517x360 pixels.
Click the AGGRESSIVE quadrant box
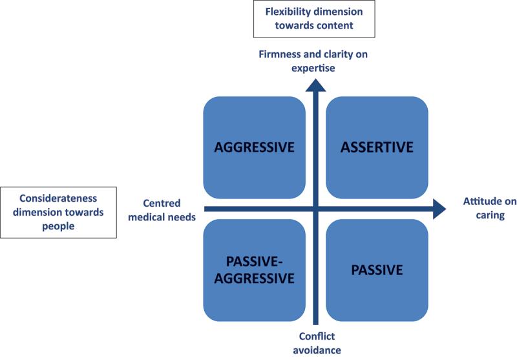(254, 147)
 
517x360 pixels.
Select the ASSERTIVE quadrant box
(377, 147)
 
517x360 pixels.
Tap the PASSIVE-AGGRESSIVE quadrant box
(254, 270)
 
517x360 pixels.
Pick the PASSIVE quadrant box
(377, 270)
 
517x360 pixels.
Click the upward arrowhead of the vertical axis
(315, 85)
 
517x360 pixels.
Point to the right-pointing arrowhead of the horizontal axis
(439, 209)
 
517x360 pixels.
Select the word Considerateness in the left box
(58, 198)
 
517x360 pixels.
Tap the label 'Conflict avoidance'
(317, 343)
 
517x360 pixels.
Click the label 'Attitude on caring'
(490, 208)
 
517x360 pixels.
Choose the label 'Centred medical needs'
(162, 210)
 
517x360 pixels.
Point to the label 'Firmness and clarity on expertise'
(313, 61)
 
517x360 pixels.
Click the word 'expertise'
(313, 69)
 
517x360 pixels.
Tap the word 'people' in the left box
(58, 227)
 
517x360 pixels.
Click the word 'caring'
(490, 216)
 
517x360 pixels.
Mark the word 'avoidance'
(317, 350)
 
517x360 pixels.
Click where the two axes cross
(315, 209)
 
